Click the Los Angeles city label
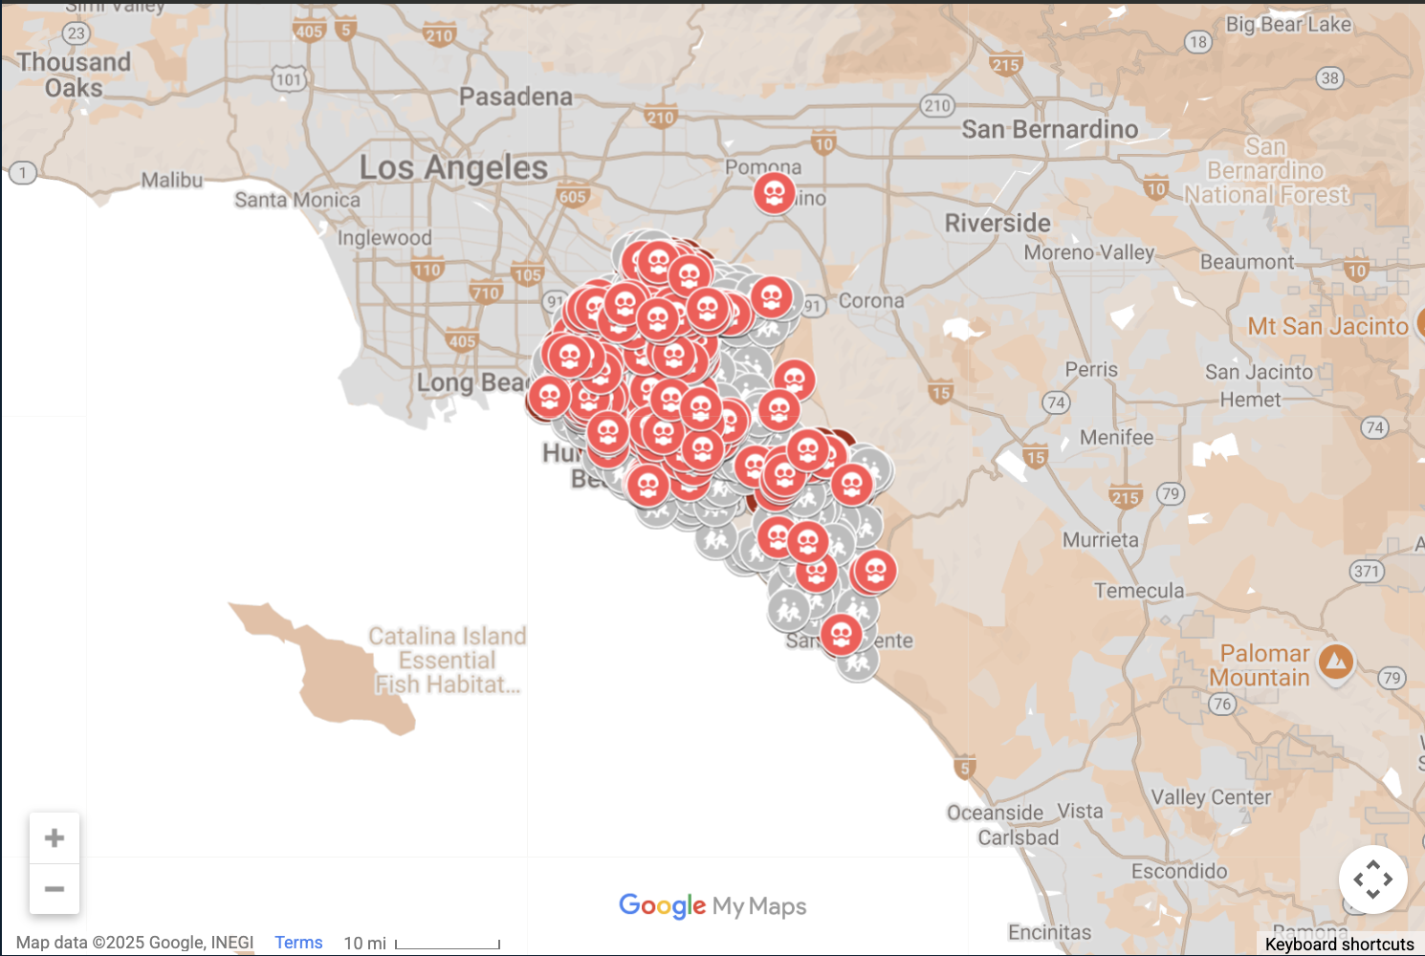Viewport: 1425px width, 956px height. (x=453, y=168)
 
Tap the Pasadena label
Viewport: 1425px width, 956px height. (x=515, y=97)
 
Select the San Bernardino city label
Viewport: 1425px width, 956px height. (x=1049, y=129)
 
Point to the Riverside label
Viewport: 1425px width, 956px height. (x=997, y=224)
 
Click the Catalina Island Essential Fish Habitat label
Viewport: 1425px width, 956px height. (x=448, y=660)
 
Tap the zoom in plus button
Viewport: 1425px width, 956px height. (x=55, y=838)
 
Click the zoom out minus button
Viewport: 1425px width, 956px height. (x=55, y=889)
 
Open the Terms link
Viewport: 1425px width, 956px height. (x=298, y=943)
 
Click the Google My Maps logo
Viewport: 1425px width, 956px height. (x=712, y=905)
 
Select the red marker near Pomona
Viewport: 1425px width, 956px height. (x=774, y=194)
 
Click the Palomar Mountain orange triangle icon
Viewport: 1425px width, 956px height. (x=1335, y=661)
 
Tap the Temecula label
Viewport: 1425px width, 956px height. (x=1139, y=591)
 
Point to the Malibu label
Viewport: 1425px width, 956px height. (x=172, y=180)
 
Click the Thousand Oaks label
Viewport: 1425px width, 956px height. (x=74, y=75)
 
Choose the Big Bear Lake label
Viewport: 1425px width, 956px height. (x=1288, y=25)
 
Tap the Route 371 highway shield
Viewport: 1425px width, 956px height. (x=1367, y=572)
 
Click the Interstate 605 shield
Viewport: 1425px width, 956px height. (x=572, y=197)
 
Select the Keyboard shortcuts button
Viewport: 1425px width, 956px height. (x=1339, y=945)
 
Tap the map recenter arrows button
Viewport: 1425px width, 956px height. (x=1372, y=880)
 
